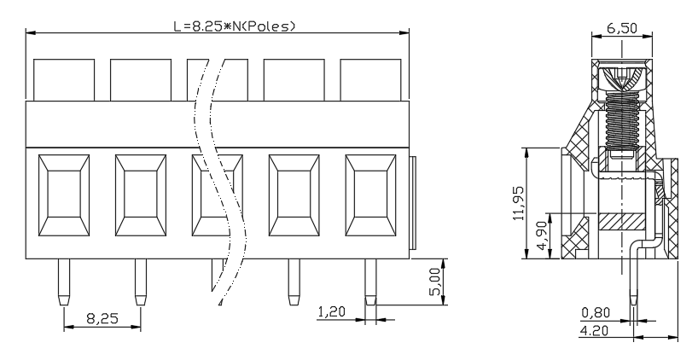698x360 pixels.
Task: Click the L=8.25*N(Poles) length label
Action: (x=234, y=26)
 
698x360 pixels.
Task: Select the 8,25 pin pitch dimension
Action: (x=102, y=318)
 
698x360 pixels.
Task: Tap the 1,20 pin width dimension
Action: (x=331, y=311)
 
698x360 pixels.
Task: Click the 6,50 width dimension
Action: (x=622, y=27)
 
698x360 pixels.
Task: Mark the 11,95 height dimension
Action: (x=518, y=203)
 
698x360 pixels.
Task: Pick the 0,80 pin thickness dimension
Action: (x=596, y=313)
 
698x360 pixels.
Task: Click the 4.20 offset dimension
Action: (x=594, y=330)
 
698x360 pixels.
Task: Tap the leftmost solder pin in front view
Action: (x=64, y=282)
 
